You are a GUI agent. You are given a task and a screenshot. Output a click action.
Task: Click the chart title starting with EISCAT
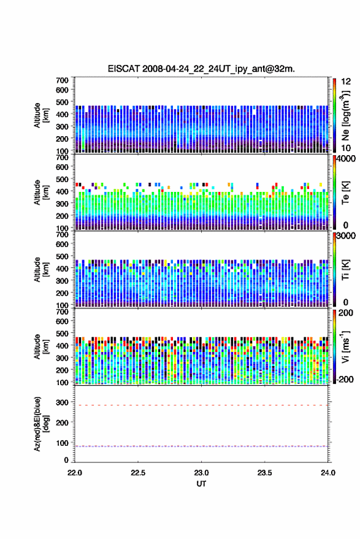201,69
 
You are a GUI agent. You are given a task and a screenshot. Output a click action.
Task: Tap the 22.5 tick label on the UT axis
138,473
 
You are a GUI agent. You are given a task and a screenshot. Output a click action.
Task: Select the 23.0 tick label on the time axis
201,473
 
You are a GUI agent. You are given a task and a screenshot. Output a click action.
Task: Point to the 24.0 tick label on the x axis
328,473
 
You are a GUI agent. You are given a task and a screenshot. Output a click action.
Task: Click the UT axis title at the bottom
201,484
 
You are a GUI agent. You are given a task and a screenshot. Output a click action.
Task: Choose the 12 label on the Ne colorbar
346,82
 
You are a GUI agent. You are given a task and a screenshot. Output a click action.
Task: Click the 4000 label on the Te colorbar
346,159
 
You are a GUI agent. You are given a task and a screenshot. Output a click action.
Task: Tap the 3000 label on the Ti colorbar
346,236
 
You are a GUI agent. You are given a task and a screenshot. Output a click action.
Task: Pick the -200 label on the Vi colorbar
345,380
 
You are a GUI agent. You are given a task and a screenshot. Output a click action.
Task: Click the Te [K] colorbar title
345,192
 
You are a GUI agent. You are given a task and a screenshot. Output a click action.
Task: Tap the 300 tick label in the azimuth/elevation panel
63,402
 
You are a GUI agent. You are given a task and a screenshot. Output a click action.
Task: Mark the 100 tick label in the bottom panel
63,443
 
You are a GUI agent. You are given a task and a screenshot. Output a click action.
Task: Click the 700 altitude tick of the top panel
62,80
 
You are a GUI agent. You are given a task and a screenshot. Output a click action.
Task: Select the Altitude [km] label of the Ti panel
41,270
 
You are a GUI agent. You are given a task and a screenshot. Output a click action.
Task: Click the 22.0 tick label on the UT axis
75,473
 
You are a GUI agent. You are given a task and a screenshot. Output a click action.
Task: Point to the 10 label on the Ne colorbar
346,148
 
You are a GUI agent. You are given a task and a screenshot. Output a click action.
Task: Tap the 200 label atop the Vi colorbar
346,313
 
